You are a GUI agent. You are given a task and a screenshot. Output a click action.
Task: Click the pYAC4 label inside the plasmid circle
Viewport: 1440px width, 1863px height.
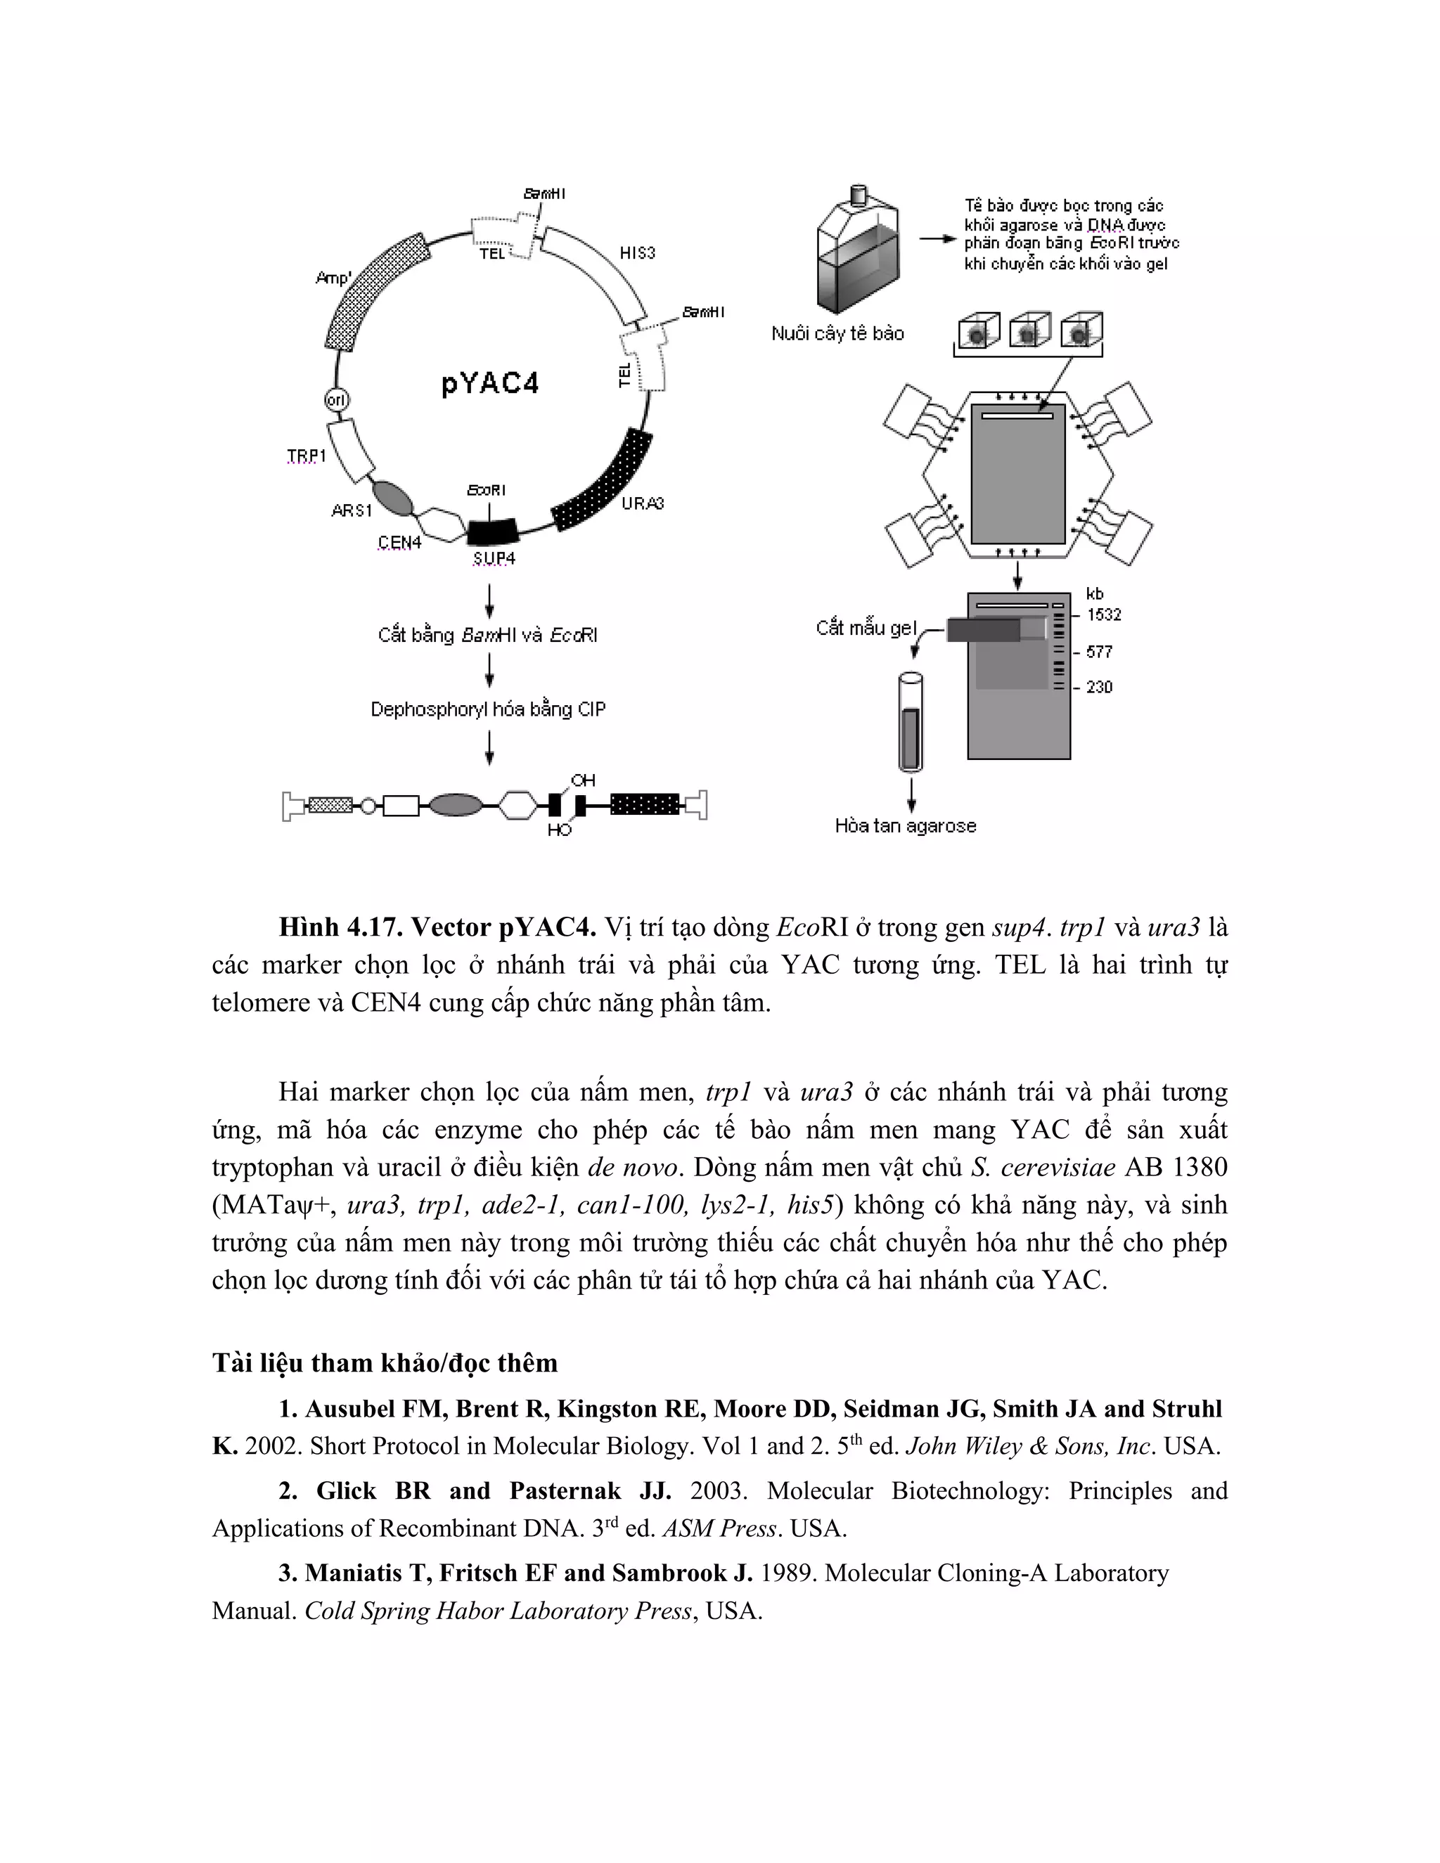point(491,384)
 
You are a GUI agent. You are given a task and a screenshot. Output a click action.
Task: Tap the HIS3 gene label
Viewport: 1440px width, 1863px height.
point(637,252)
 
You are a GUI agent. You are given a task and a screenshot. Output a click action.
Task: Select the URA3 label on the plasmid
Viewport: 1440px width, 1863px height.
point(643,503)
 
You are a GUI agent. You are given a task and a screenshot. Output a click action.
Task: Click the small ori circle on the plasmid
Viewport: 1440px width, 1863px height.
point(337,399)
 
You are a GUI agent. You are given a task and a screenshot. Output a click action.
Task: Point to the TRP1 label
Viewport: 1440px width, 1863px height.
point(307,456)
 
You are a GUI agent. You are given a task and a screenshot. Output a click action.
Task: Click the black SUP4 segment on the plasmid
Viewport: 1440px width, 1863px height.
point(493,531)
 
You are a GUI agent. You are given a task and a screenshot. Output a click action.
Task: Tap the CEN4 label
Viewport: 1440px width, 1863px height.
point(399,543)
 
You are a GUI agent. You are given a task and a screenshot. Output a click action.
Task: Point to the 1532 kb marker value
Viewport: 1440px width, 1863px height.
point(1104,615)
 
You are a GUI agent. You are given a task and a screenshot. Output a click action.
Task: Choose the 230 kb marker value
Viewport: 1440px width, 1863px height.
point(1099,687)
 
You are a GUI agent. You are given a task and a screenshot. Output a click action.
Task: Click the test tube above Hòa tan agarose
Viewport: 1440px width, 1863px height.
point(911,723)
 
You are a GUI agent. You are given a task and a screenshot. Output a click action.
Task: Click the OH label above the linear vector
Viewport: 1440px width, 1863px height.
point(584,780)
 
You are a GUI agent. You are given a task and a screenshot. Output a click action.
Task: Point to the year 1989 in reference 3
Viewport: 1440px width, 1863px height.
point(787,1573)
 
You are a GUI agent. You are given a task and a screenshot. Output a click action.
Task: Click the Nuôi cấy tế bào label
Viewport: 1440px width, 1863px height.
point(837,333)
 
